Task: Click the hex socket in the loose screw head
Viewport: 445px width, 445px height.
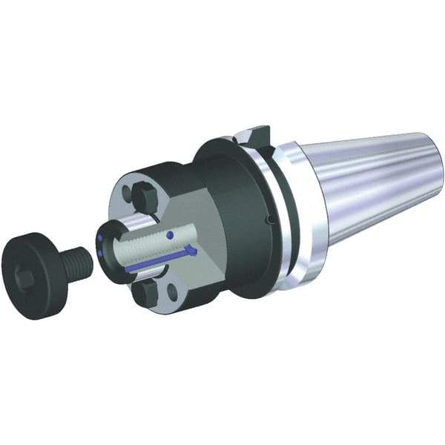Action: pos(23,277)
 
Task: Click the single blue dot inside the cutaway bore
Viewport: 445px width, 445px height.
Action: pos(171,235)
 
